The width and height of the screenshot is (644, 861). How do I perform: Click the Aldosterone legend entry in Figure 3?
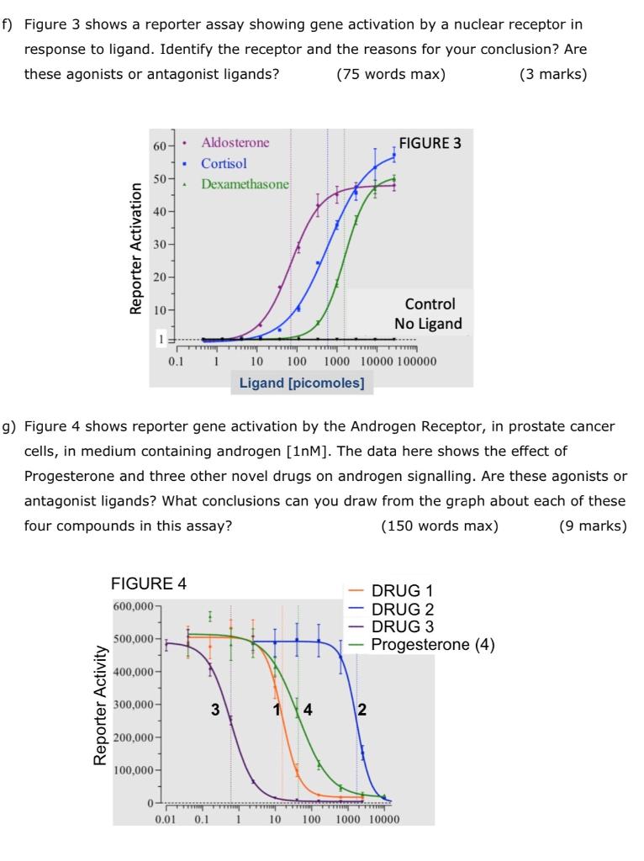point(235,143)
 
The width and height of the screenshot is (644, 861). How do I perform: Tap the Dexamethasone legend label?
point(245,183)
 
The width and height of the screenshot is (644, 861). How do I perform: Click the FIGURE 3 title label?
point(430,143)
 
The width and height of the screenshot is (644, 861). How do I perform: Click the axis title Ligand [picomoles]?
point(302,383)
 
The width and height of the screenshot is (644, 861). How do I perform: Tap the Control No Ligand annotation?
point(430,314)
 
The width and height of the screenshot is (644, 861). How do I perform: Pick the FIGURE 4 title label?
point(149,584)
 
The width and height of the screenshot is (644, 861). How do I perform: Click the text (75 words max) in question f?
point(390,73)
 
